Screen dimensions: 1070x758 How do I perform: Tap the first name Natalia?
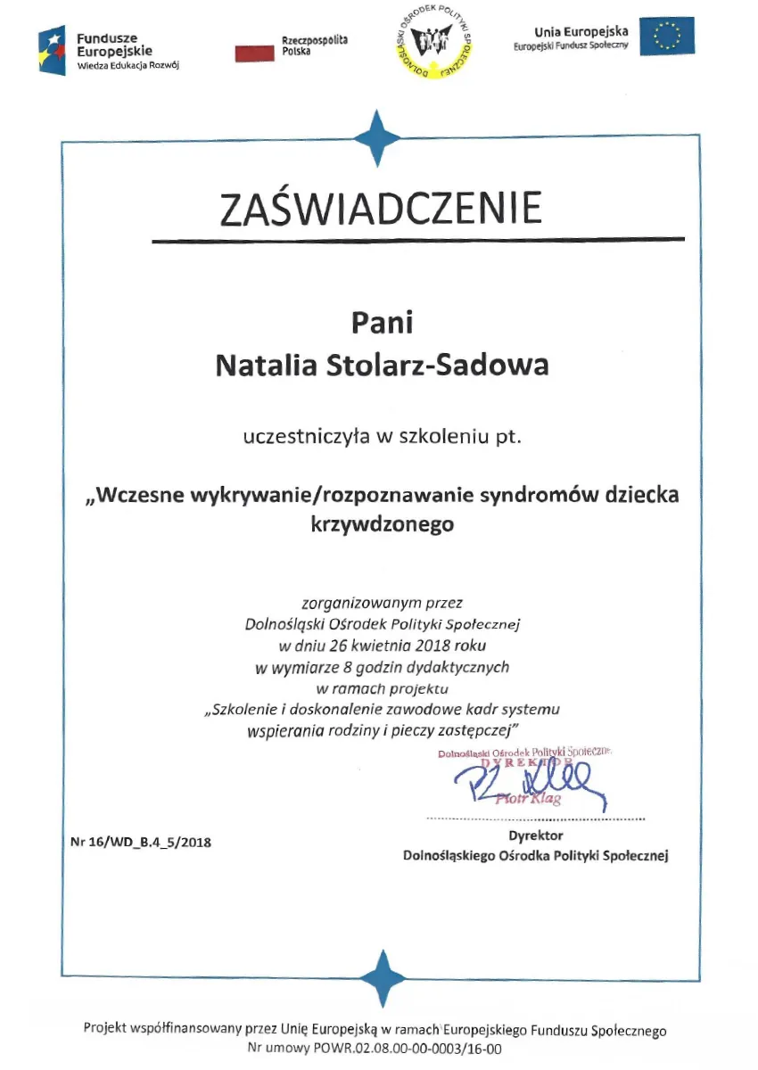pyautogui.click(x=261, y=366)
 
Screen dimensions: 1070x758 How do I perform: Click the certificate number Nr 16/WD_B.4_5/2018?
pyautogui.click(x=140, y=841)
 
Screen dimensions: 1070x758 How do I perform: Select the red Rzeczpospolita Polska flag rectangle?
pyautogui.click(x=254, y=53)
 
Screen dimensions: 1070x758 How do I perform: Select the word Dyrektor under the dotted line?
pyautogui.click(x=535, y=835)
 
